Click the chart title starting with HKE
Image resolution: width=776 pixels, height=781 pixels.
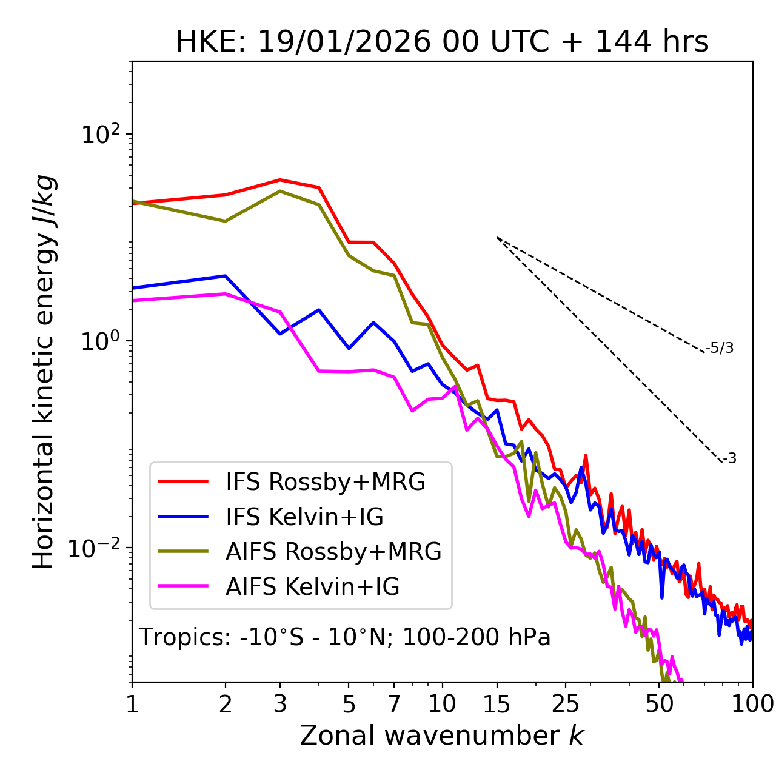(442, 42)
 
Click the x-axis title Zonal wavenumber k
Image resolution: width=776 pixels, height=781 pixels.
(441, 735)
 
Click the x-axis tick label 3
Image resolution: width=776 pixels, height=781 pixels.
(280, 703)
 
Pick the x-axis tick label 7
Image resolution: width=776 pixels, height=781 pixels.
(394, 703)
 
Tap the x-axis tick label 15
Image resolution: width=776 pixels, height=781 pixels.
(497, 703)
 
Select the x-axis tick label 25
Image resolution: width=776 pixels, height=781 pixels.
(565, 703)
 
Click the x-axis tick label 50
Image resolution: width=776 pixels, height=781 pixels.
(659, 703)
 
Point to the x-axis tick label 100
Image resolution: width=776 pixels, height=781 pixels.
(752, 703)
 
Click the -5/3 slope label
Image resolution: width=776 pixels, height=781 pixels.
(720, 348)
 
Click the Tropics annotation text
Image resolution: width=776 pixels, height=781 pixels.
(344, 637)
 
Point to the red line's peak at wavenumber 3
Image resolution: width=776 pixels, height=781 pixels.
(280, 179)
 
